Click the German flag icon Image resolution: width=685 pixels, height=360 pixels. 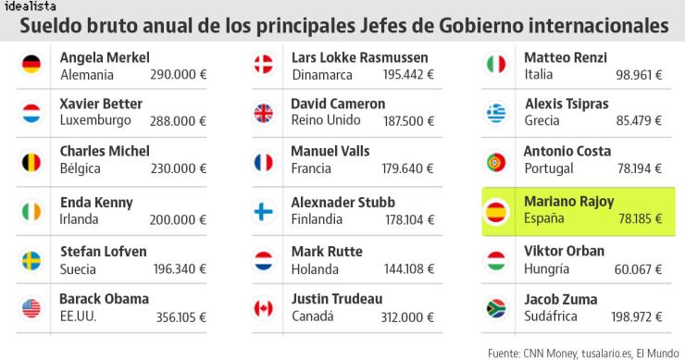point(31,64)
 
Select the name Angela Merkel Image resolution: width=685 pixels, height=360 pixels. point(105,57)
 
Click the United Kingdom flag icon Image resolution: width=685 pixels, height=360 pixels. point(264,113)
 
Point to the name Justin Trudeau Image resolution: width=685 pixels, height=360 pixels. point(336,299)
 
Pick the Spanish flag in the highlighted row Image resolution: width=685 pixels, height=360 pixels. point(495,211)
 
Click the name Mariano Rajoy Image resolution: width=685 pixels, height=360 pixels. point(568,202)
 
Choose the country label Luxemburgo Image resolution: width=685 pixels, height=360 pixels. point(95,120)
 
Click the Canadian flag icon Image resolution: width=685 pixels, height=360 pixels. point(264,307)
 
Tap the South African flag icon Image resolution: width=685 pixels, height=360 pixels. point(495,307)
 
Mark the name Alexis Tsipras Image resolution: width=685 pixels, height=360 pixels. point(567,105)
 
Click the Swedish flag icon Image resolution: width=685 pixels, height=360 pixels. point(31,258)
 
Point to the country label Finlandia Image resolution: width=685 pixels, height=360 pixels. point(317,219)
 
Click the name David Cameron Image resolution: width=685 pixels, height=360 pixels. point(338,105)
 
